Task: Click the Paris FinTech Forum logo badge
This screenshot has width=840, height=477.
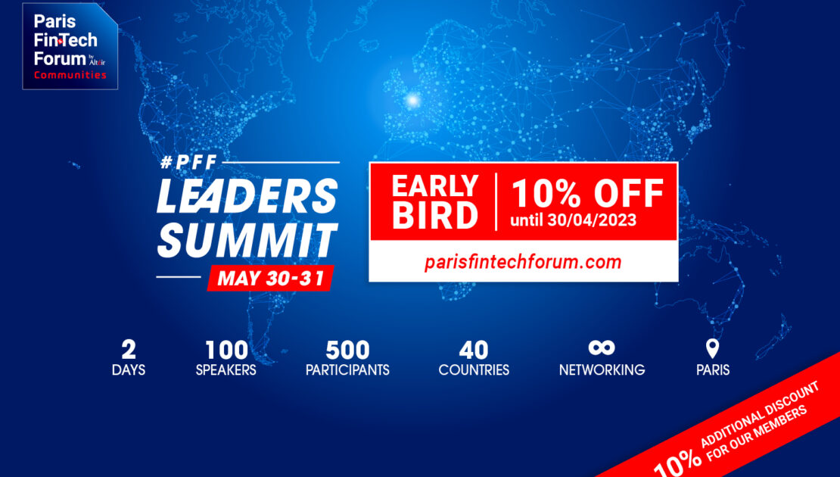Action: [70, 46]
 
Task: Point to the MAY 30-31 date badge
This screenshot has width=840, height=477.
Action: [270, 278]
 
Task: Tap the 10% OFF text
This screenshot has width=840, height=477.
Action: [588, 193]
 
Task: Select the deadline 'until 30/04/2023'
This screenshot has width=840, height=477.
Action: [573, 220]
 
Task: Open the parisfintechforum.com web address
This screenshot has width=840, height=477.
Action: [523, 261]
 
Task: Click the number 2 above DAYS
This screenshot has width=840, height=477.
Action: [129, 350]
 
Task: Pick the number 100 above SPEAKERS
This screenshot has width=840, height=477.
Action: [226, 350]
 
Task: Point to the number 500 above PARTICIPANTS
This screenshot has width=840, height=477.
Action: [347, 350]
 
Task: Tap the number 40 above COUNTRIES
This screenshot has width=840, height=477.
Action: [474, 350]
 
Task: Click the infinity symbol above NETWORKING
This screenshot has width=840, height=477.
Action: [602, 348]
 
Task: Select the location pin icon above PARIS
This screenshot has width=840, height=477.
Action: [712, 348]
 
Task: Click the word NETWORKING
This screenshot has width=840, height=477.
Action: [602, 369]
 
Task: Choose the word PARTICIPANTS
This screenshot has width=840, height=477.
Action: [347, 369]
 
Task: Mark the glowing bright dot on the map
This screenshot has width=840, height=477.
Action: [413, 100]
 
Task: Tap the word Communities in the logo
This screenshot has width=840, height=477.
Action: [70, 75]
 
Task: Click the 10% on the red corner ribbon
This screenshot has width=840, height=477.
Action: [677, 461]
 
